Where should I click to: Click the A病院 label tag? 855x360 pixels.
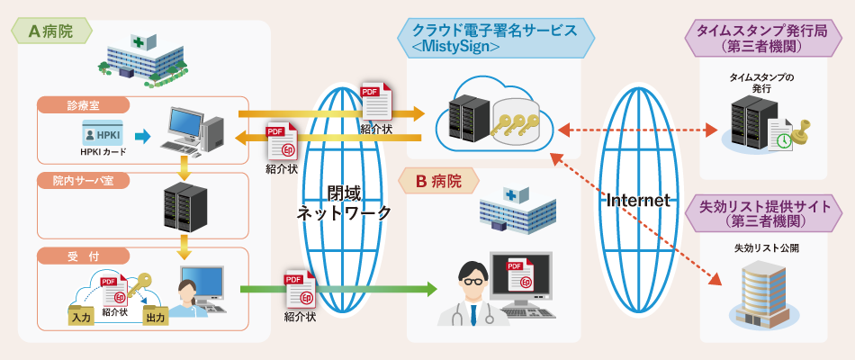click(x=52, y=31)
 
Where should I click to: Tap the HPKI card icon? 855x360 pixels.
click(x=103, y=135)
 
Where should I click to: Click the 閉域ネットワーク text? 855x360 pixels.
click(x=345, y=203)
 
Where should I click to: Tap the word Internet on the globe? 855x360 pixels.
click(x=639, y=200)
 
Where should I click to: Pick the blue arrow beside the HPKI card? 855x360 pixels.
click(x=139, y=137)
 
